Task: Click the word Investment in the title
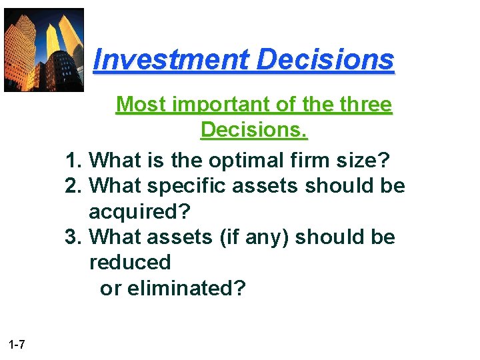[171, 60]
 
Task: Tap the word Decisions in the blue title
[325, 60]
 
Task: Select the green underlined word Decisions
[254, 130]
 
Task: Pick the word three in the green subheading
[360, 105]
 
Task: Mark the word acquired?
[139, 213]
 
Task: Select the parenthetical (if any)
[254, 238]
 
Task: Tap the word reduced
[130, 263]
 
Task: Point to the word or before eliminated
[110, 289]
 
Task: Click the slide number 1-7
[17, 345]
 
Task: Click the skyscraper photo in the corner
[44, 50]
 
